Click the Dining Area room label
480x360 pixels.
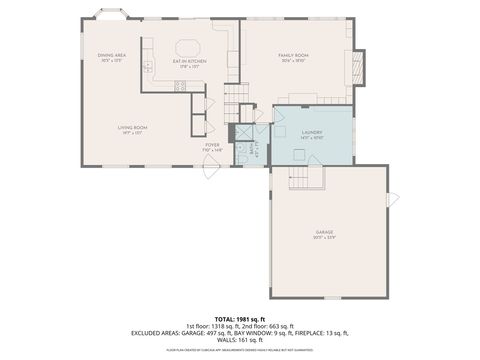pos(111,57)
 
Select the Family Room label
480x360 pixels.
pos(293,57)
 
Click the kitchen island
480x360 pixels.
pos(188,47)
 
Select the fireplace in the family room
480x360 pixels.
pos(357,67)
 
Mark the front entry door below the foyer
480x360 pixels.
pos(211,170)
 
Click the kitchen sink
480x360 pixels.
pos(147,67)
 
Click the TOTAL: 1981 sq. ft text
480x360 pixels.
pos(240,317)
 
